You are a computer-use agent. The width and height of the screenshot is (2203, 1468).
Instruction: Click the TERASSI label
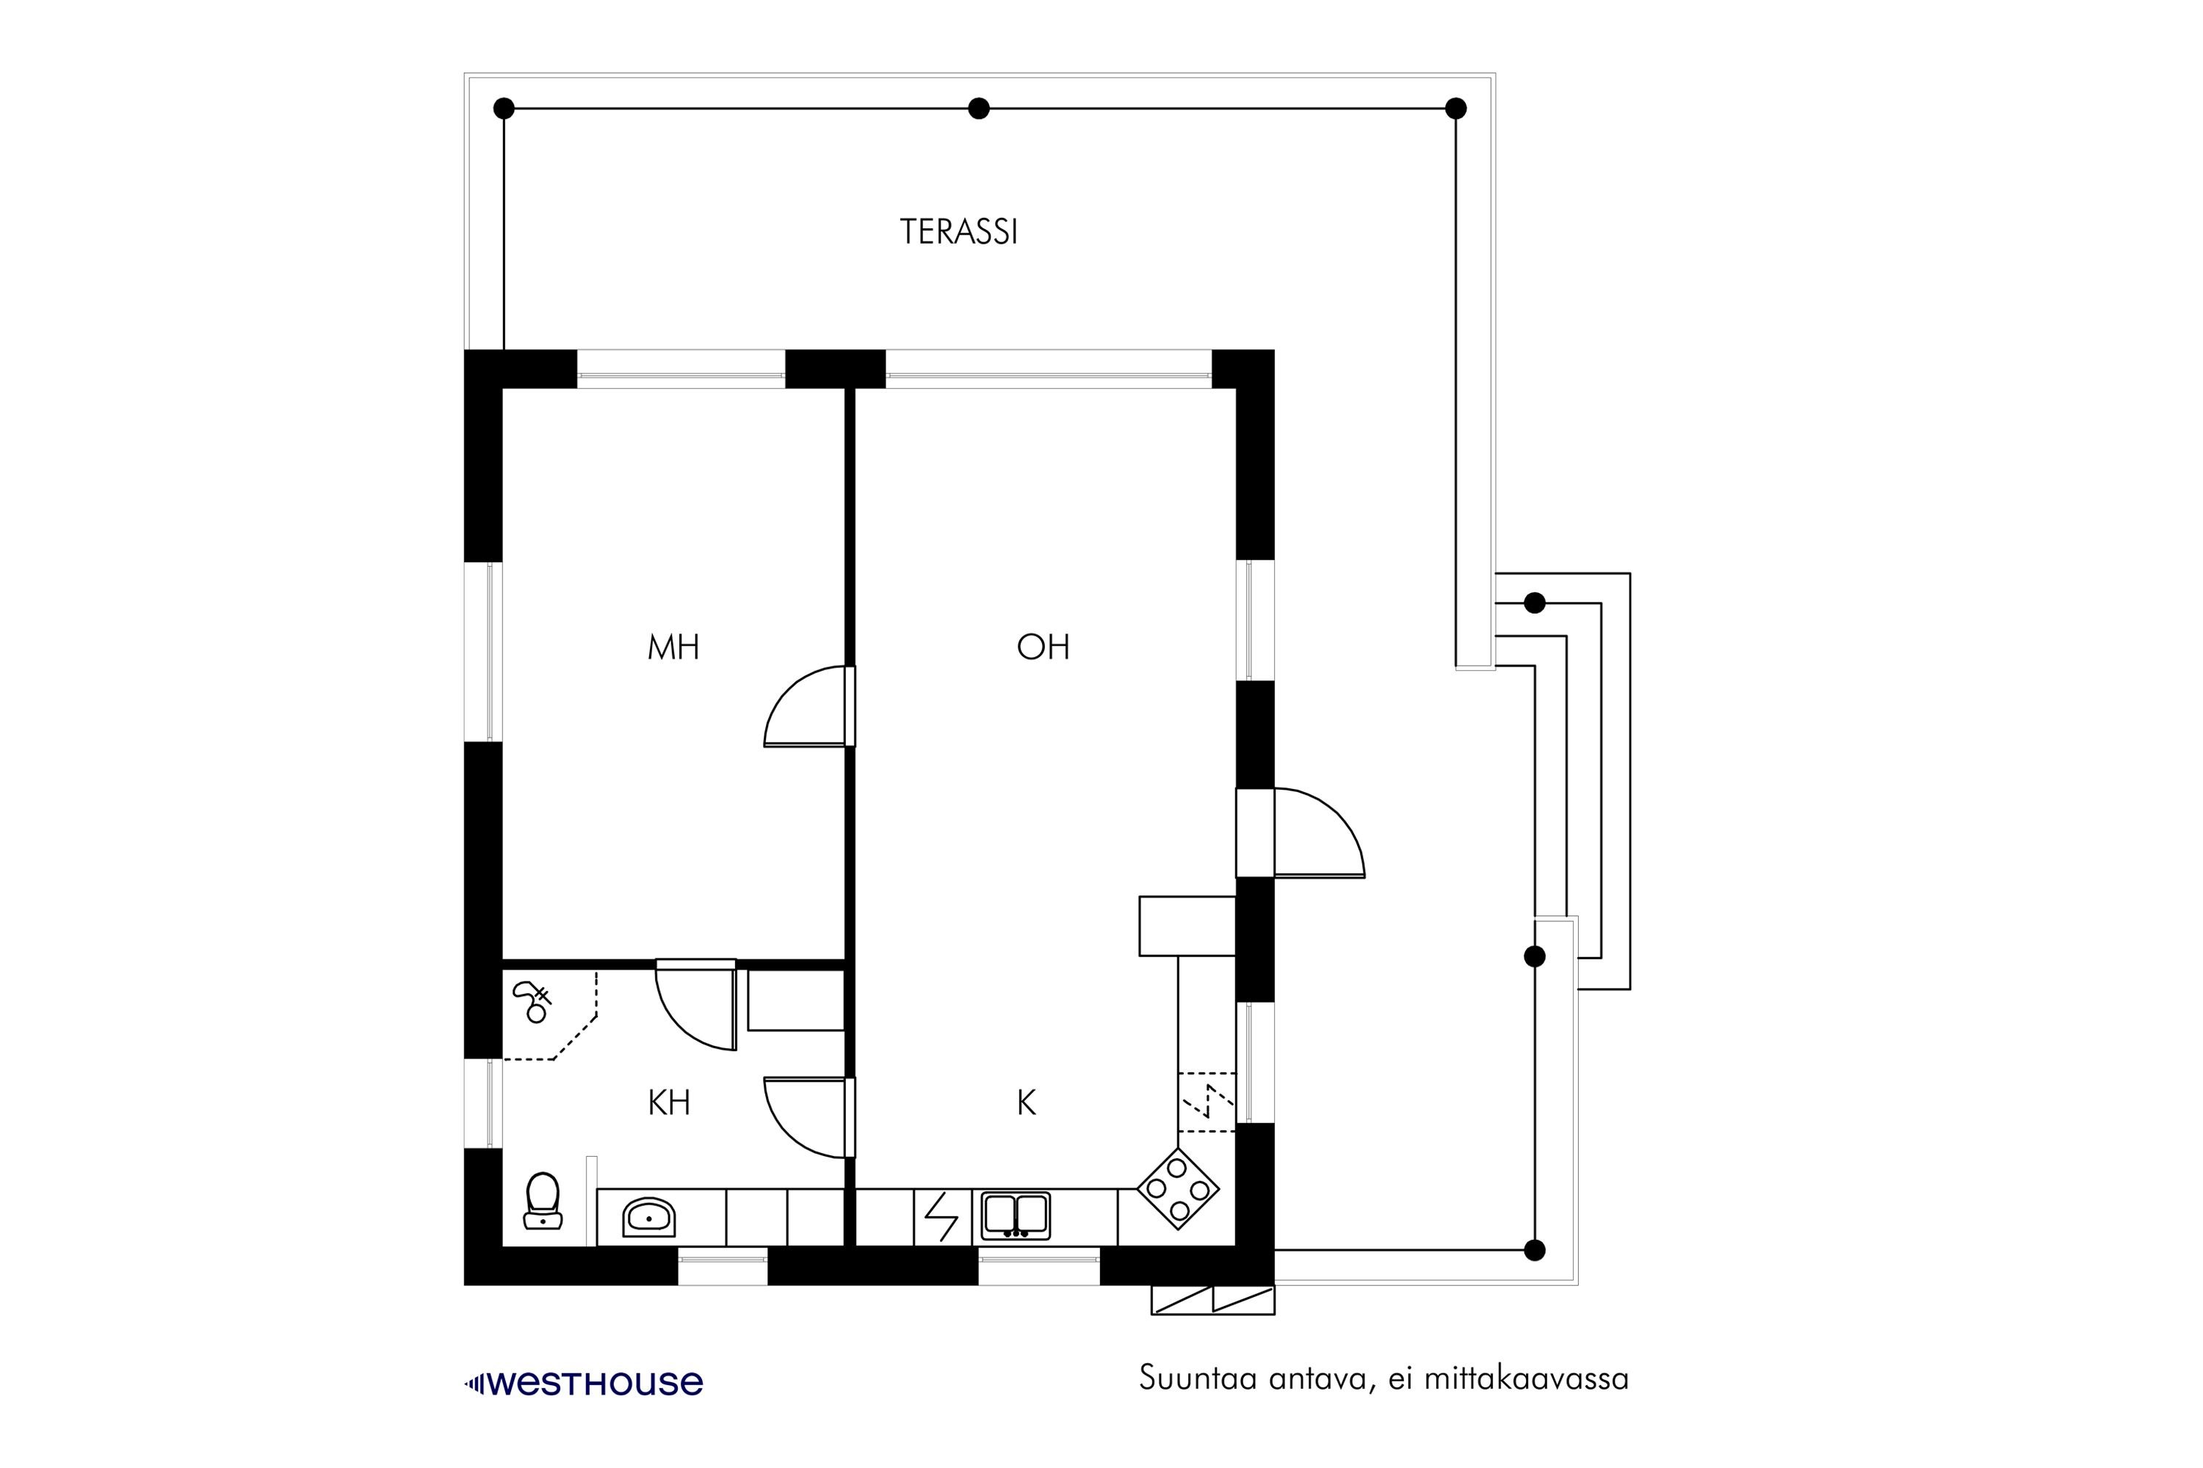pyautogui.click(x=958, y=231)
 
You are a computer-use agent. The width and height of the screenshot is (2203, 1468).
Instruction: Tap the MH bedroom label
pyautogui.click(x=673, y=647)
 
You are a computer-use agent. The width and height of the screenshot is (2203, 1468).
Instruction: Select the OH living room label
pyautogui.click(x=1043, y=647)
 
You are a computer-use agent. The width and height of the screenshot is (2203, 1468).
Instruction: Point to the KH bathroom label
pyautogui.click(x=669, y=1103)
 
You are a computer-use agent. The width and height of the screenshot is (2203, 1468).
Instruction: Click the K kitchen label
pyautogui.click(x=1027, y=1103)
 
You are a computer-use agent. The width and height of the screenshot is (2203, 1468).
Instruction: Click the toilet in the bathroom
pyautogui.click(x=543, y=1200)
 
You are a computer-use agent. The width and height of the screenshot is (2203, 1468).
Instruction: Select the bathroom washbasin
pyautogui.click(x=648, y=1217)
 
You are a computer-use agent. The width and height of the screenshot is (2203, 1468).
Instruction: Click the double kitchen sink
pyautogui.click(x=1016, y=1216)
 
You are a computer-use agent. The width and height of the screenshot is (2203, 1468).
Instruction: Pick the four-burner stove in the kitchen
pyautogui.click(x=1179, y=1189)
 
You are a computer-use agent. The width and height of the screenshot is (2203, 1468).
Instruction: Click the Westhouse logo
pyautogui.click(x=584, y=1384)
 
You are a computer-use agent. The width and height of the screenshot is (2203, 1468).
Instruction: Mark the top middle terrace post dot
pyautogui.click(x=979, y=109)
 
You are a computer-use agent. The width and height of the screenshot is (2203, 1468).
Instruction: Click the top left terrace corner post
pyautogui.click(x=504, y=109)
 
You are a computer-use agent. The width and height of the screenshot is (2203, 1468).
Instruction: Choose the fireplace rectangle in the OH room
pyautogui.click(x=1187, y=926)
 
